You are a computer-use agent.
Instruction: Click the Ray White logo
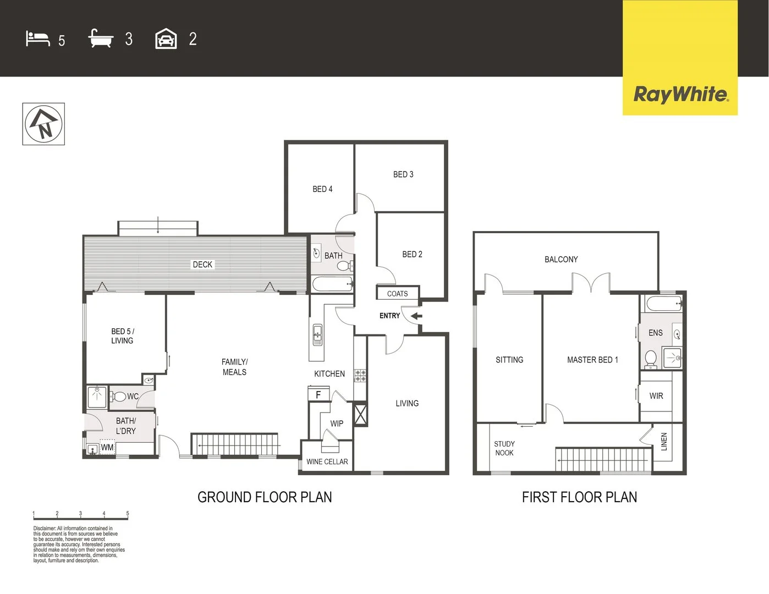[680, 94]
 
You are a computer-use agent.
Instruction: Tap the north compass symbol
[43, 124]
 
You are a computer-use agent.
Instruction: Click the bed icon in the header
[37, 39]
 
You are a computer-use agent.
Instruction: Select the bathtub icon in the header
[101, 39]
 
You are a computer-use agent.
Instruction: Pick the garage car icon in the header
[166, 40]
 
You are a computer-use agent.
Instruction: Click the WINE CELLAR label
[327, 461]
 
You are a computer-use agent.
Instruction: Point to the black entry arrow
[416, 316]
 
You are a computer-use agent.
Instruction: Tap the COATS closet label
[397, 294]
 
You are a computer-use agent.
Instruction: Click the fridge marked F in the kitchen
[318, 394]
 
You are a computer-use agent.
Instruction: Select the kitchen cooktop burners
[360, 376]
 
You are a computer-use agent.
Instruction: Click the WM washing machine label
[107, 448]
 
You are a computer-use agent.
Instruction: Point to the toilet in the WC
[118, 397]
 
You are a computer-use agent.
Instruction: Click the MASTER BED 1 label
[592, 360]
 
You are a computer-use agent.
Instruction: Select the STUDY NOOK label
[504, 448]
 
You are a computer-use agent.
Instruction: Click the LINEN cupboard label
[663, 442]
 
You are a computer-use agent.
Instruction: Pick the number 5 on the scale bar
[128, 514]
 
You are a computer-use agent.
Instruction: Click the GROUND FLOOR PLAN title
[265, 497]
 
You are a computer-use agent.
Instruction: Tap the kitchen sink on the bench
[317, 334]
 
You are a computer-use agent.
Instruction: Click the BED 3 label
[403, 174]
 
